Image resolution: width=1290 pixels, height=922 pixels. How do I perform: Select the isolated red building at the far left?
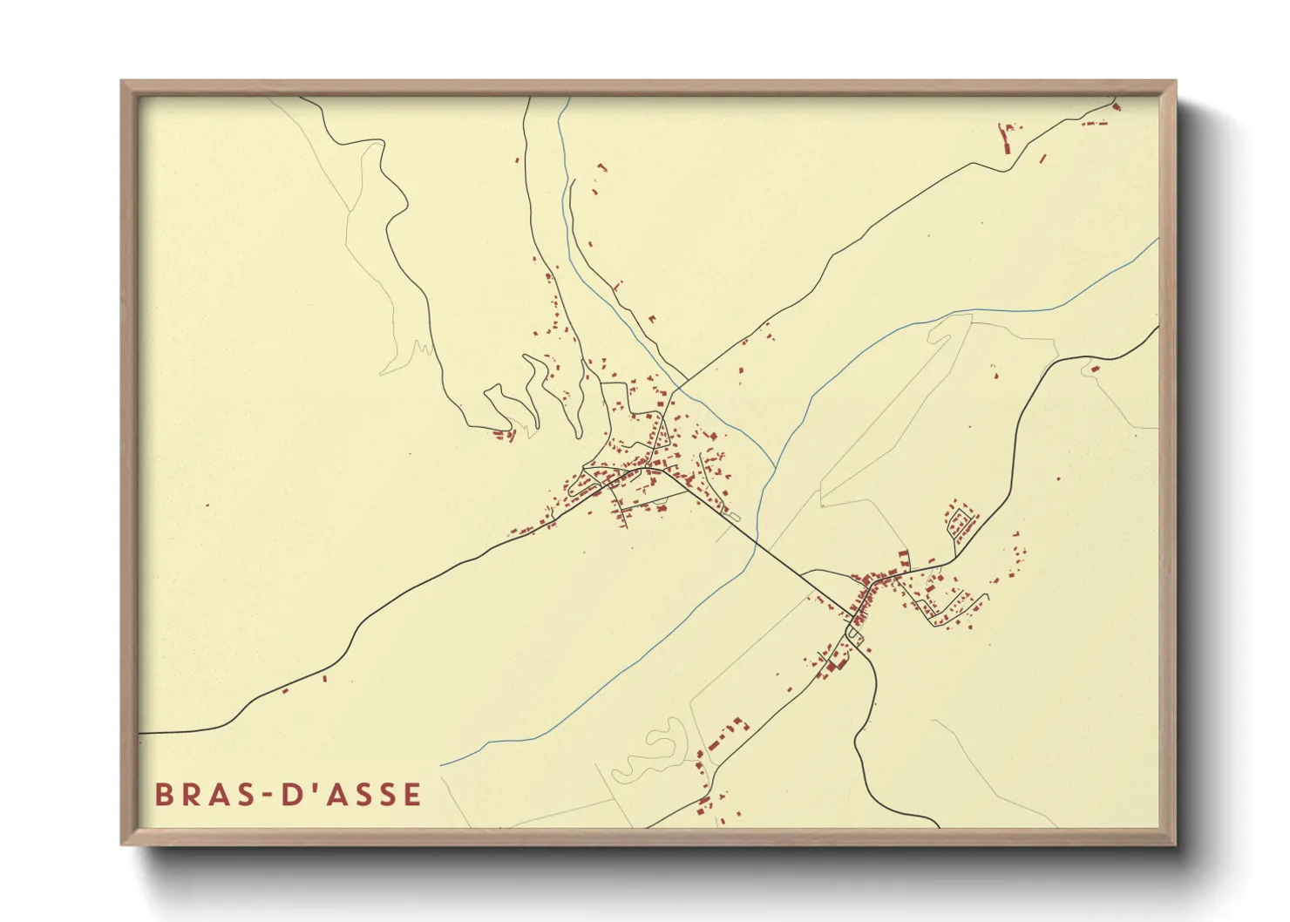(x=207, y=505)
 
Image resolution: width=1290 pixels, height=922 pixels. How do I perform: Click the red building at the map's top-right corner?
(x=1117, y=106)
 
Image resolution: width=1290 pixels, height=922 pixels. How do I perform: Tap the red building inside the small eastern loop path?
(x=1096, y=369)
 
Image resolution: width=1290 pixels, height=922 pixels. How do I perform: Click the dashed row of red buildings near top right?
(x=1095, y=124)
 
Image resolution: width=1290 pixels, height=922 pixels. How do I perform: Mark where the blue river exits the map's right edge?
(x=1158, y=240)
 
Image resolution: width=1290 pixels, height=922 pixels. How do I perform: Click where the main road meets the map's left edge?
(x=140, y=733)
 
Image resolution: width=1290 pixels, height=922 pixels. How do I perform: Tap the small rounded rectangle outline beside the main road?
(x=733, y=517)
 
